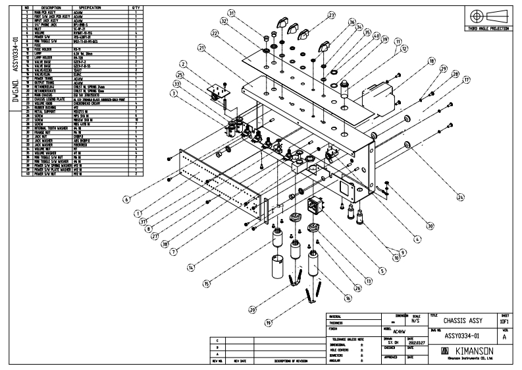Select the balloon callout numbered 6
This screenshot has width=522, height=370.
(x=126, y=197)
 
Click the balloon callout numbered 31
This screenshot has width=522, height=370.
(x=231, y=13)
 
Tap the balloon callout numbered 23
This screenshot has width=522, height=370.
(x=331, y=15)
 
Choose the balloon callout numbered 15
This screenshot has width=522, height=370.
(x=206, y=284)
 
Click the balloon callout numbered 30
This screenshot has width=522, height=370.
(x=430, y=226)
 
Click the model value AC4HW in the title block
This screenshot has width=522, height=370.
(x=390, y=332)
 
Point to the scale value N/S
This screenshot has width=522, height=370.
(x=415, y=321)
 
